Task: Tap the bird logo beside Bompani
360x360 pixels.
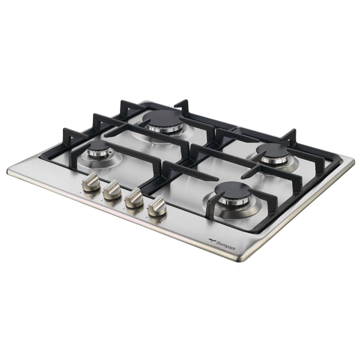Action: pos(212,240)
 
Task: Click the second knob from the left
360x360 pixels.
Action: pos(112,190)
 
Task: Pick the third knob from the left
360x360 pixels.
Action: pos(134,197)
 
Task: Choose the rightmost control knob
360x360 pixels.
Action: pos(157,206)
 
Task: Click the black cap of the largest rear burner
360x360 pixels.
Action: pos(163,118)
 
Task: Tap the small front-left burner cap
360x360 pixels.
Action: pos(98,146)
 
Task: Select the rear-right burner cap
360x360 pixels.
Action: pos(272,151)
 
